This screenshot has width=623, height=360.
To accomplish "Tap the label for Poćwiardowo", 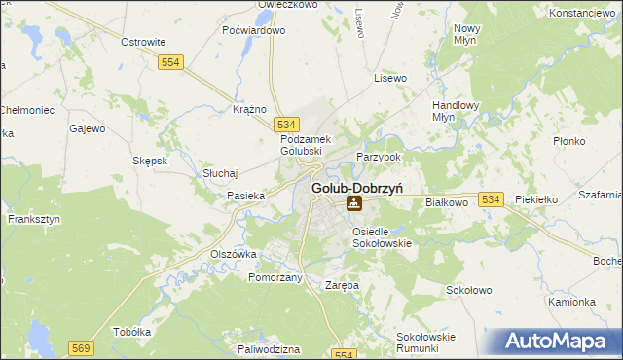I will point(254,30).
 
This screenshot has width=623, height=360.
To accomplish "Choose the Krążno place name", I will point(250,109).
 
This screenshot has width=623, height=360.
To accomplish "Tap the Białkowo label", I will point(448,201).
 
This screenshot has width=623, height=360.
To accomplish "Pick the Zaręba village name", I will point(342,285).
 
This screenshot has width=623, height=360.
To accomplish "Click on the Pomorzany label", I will point(275,277).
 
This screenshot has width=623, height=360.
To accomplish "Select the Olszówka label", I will point(234,253).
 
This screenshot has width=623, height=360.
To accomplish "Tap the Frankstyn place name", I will point(34,219).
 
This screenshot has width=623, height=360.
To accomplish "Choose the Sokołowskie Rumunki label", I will point(425,342).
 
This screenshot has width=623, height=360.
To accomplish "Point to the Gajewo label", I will point(87,127).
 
